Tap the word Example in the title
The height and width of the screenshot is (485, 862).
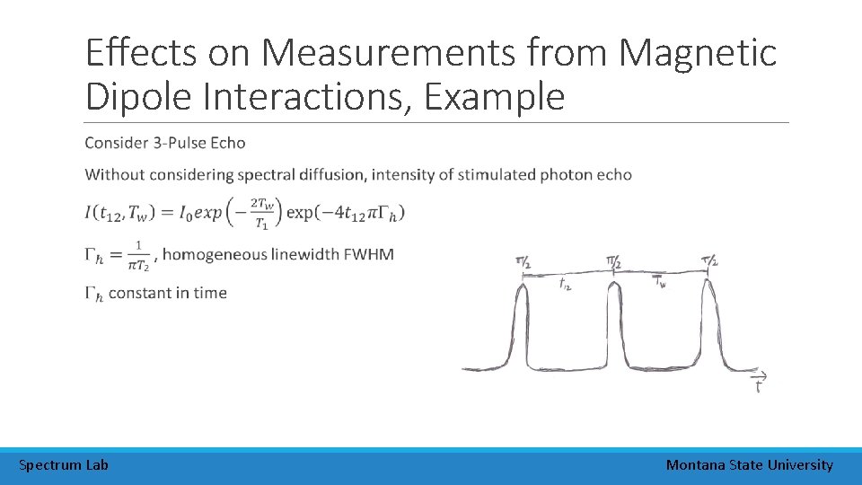pos(495,96)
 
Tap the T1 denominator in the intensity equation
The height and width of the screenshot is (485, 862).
pos(262,223)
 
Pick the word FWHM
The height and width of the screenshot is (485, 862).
pos(368,254)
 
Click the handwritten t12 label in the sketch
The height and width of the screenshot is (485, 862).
pos(566,284)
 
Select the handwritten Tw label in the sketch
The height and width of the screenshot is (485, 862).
pos(660,282)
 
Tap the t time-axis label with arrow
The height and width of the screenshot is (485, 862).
pos(760,383)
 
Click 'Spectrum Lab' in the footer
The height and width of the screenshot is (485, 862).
pos(64,464)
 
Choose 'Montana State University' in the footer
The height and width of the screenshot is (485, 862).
pos(749,464)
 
